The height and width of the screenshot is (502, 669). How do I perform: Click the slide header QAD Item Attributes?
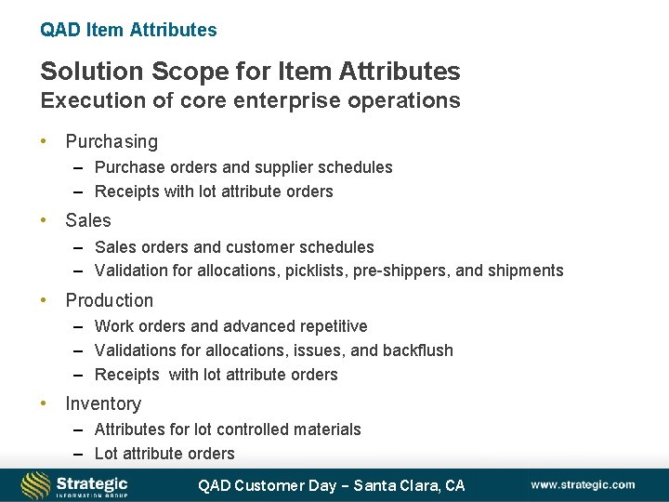(128, 30)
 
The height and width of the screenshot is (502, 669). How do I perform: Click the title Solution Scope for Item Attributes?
(250, 71)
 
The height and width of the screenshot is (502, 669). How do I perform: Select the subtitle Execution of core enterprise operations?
(250, 100)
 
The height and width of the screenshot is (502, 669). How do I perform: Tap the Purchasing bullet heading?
(111, 141)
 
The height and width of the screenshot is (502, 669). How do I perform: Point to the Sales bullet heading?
(88, 220)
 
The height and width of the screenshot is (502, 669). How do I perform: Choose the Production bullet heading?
(110, 300)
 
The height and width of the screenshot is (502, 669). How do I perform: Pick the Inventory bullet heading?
(103, 403)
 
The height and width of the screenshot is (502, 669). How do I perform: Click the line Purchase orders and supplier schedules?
(243, 167)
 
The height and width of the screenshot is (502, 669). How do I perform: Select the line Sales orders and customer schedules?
(234, 247)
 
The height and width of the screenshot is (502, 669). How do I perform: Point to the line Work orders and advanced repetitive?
(230, 326)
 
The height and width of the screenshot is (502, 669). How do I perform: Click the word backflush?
(418, 350)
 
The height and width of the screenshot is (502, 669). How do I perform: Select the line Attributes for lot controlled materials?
(228, 429)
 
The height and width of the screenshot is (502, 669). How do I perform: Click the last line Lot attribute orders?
(164, 454)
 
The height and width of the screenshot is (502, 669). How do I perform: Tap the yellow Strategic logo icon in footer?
(35, 484)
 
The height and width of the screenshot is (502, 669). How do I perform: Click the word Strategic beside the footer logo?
(92, 482)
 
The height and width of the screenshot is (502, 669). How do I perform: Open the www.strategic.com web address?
(583, 484)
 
